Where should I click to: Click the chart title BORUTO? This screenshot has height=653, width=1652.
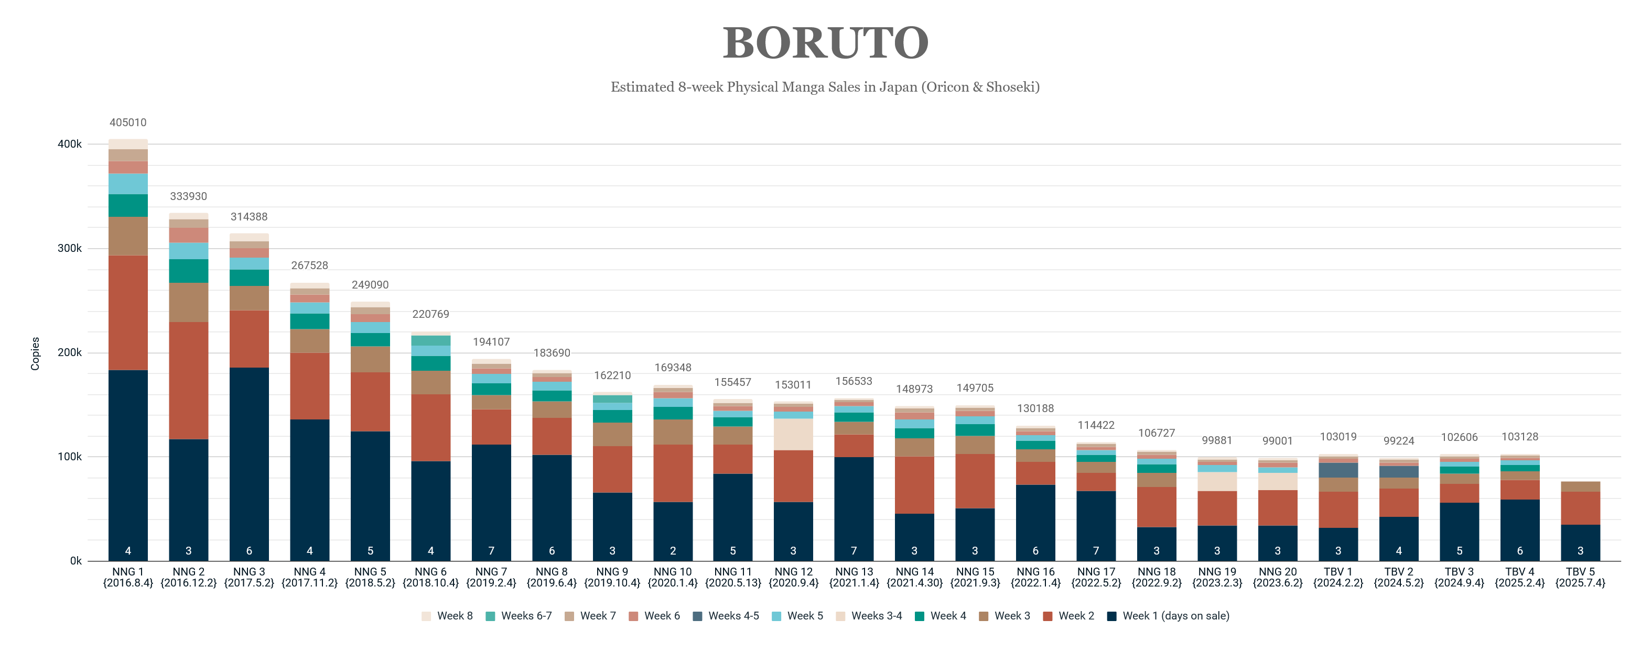point(825,43)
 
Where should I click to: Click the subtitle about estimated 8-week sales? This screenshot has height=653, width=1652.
point(825,87)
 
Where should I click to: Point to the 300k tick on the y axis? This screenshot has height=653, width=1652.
point(69,249)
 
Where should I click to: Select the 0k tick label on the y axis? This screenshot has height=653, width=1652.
point(75,561)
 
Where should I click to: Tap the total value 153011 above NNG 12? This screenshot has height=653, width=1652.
point(793,385)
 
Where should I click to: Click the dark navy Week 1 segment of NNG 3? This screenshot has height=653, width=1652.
point(249,461)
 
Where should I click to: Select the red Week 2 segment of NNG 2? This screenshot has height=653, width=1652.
point(189,381)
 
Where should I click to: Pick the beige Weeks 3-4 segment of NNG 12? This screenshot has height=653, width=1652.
point(793,435)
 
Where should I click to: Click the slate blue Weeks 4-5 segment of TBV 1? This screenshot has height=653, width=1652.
point(1338,470)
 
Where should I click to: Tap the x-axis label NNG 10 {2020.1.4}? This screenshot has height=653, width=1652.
point(672,577)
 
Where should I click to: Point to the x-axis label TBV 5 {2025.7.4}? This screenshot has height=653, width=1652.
point(1580,577)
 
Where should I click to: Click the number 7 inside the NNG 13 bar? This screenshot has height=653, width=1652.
point(854,551)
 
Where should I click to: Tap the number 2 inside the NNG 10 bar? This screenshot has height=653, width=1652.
point(672,551)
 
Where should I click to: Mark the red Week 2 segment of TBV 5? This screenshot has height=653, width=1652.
point(1580,508)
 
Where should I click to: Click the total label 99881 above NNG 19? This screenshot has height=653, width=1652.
point(1216,441)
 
